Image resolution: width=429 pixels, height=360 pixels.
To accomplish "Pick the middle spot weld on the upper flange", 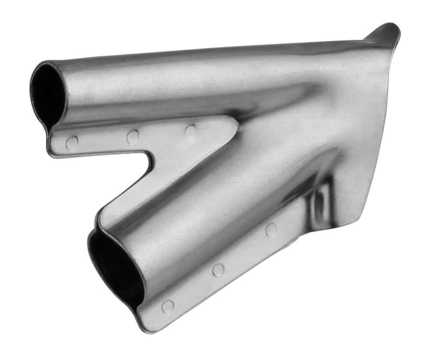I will pyautogui.click(x=133, y=136).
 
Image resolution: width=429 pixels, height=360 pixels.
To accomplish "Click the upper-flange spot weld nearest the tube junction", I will pyautogui.click(x=190, y=130).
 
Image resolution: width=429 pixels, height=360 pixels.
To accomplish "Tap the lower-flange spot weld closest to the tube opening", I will pyautogui.click(x=167, y=306).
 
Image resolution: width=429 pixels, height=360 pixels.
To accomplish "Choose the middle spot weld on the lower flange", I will pyautogui.click(x=218, y=269).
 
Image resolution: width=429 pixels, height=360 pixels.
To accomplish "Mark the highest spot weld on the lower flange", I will pyautogui.click(x=271, y=229).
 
